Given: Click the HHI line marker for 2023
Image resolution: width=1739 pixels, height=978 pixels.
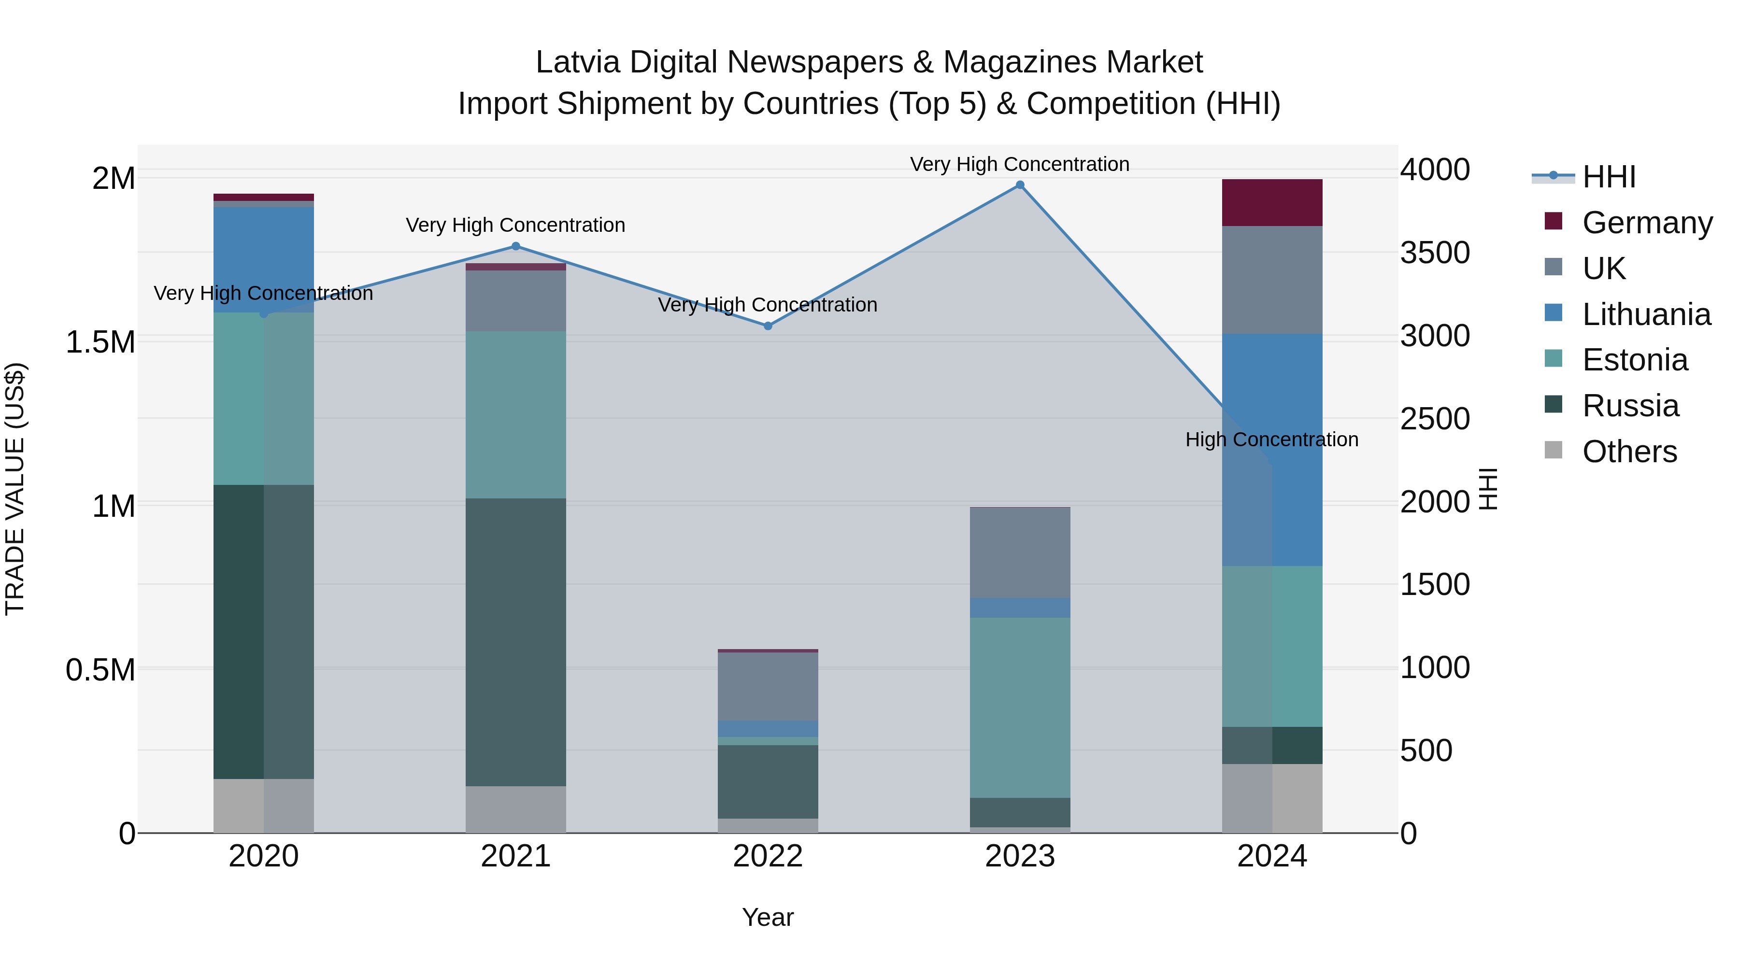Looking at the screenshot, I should pos(1019,185).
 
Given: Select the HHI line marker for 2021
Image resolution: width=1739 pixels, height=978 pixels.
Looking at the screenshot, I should pos(516,246).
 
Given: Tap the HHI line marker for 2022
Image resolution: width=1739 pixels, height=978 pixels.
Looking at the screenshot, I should pos(768,326).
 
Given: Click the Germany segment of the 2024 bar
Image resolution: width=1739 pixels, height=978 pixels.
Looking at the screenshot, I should pos(1272,202).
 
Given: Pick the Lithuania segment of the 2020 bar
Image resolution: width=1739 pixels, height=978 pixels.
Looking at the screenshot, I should pos(263,260).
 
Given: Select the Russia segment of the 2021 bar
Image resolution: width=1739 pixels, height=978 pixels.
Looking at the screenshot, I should pos(516,641).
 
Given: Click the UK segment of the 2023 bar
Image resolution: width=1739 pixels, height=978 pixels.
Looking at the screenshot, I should pos(1019,552).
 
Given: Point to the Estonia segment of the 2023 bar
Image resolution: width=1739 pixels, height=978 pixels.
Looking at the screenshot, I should pos(1019,708).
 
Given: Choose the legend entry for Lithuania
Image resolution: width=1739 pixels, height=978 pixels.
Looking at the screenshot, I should pos(1646,314).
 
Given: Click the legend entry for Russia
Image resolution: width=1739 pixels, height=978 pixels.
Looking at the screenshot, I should pos(1630,406).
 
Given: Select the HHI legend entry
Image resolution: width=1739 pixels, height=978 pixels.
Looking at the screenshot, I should pos(1608,177).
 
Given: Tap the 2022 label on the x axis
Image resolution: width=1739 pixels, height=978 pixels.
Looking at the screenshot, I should pos(768,856).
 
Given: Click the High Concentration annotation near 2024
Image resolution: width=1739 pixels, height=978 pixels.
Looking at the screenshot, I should pos(1272,439).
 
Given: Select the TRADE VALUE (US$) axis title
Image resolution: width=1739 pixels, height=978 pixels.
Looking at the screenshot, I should pos(15,489).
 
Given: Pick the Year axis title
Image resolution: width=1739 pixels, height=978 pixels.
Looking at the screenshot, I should pos(768,917).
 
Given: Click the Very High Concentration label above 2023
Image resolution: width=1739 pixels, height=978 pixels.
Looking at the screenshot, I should pos(1019,164).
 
